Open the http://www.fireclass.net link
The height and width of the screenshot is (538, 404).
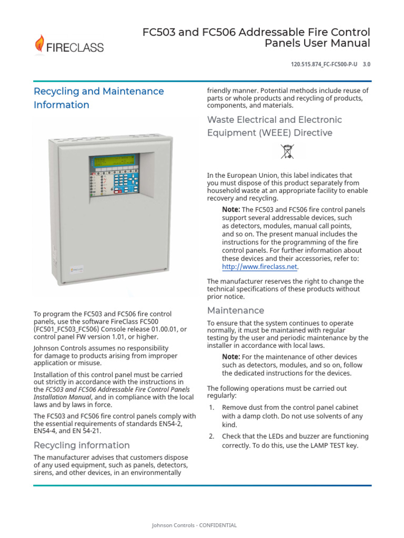tap(260, 266)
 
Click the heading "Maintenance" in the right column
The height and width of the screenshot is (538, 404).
tap(236, 310)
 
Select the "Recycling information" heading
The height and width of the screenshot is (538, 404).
tap(82, 445)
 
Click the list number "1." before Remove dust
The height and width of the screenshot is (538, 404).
tap(212, 407)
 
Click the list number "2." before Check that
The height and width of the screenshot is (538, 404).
tap(212, 437)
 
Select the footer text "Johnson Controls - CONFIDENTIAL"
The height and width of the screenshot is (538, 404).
tap(194, 525)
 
